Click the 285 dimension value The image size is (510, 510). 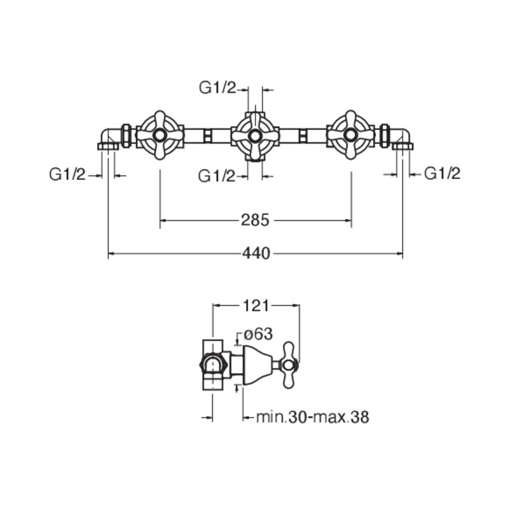pos(256,220)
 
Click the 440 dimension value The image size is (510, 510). pos(256,253)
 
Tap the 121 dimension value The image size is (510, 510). pos(256,306)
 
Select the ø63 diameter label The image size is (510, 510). pos(258,334)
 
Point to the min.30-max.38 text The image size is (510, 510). pos(312,417)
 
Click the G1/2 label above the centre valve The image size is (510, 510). pos(217,88)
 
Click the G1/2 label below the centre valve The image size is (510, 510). pos(217,177)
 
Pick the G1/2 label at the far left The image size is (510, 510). pos(68,174)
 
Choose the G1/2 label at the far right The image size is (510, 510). pos(442,173)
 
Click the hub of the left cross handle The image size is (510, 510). pos(160,135)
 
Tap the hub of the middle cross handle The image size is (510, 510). pos(255,136)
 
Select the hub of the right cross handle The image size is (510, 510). pos(351,135)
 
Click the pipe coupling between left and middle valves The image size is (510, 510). pos(208,135)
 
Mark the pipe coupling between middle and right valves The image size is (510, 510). pos(302,135)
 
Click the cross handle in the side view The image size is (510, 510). pos(289,365)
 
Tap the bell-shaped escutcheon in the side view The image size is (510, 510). pos(258,365)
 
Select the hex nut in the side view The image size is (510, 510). pos(213,365)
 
